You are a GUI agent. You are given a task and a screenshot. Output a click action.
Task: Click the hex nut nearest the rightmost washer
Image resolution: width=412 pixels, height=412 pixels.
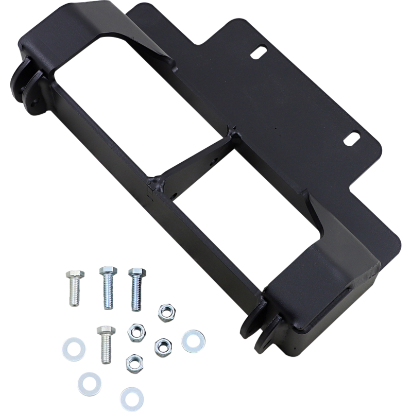tap(163, 343)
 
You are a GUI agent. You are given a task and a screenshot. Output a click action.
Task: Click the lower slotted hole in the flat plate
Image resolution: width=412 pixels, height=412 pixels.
tap(352, 139)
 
